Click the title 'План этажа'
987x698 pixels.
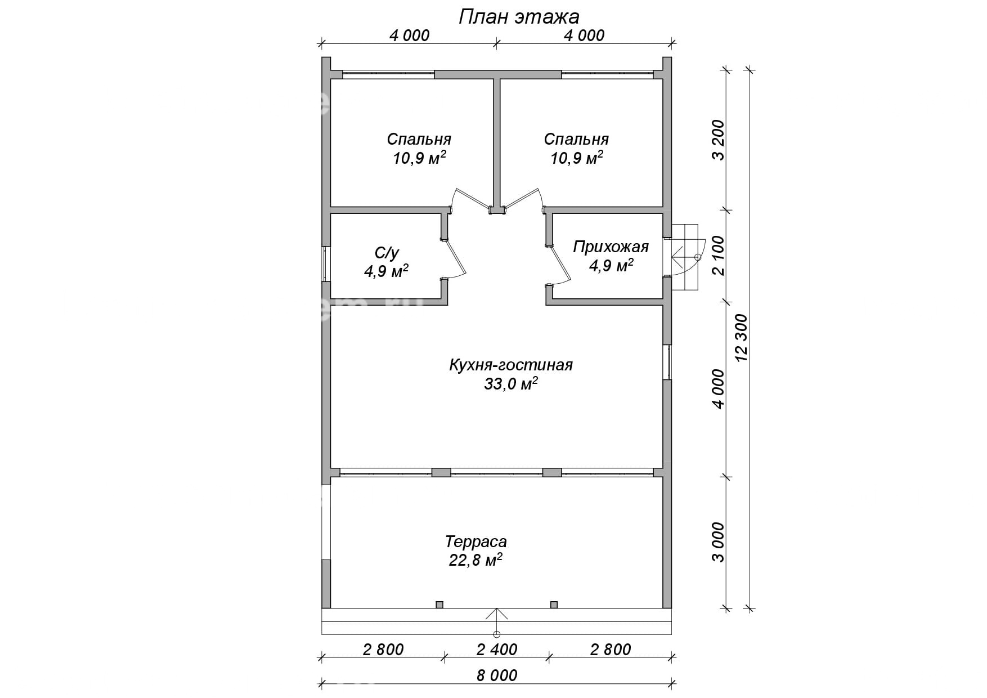pyautogui.click(x=519, y=16)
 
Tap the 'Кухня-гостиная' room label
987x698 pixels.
pyautogui.click(x=510, y=365)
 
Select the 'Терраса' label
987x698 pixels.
pyautogui.click(x=476, y=542)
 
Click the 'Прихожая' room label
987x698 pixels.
pyautogui.click(x=611, y=247)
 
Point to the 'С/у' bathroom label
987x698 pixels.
pyautogui.click(x=387, y=253)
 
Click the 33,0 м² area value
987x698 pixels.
pyautogui.click(x=510, y=384)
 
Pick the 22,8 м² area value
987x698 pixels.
pyautogui.click(x=475, y=560)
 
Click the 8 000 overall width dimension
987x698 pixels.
pyautogui.click(x=497, y=675)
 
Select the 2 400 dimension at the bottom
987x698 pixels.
pyautogui.click(x=497, y=650)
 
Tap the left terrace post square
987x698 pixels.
pyautogui.click(x=439, y=605)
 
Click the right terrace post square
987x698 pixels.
pyautogui.click(x=554, y=605)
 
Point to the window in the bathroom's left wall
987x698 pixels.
pyautogui.click(x=326, y=263)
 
